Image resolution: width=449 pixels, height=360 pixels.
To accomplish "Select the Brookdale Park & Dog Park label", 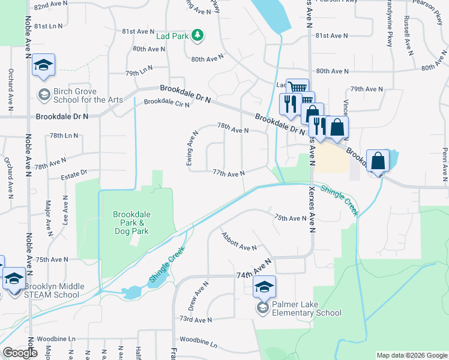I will coord(131,223).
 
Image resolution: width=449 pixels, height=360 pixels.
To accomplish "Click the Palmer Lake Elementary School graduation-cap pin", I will coord(264,288).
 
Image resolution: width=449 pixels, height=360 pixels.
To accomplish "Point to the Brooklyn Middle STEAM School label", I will coord(47,290).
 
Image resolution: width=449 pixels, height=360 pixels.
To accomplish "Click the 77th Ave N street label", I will coord(229,173).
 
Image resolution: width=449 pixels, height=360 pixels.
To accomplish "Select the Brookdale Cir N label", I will coord(166,103).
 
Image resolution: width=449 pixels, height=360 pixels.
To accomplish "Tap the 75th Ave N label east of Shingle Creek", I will coord(291,218).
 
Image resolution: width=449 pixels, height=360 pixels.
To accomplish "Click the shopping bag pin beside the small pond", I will coord(378,162).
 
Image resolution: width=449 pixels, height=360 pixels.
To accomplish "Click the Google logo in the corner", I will coord(19,352).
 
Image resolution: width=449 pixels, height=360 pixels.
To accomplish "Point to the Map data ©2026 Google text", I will coord(411,355).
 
